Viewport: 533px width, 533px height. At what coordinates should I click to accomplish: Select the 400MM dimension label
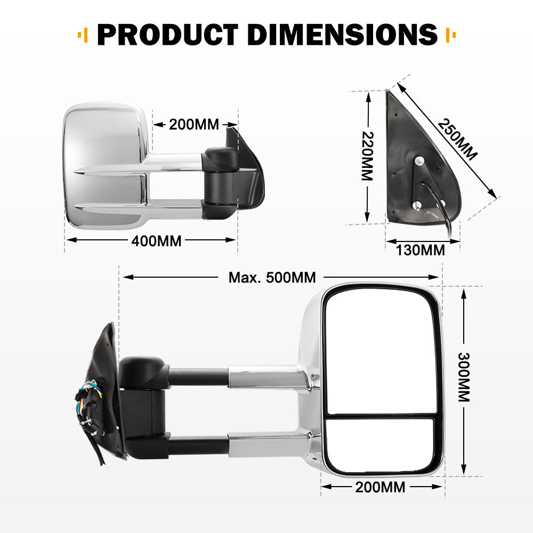pos(156,241)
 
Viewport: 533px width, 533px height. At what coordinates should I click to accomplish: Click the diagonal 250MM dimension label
pos(457,139)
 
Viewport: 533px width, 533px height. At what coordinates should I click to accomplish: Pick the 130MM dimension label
pos(421,249)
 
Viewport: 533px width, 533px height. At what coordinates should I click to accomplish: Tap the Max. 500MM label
pos(272,277)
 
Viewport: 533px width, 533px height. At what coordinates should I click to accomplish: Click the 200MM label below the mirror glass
pos(381,487)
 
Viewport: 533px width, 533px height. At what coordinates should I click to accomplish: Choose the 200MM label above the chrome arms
pos(194,125)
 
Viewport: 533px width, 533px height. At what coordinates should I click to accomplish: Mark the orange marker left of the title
pos(82,36)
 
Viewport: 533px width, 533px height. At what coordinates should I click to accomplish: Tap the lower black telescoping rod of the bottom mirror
pos(198,445)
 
